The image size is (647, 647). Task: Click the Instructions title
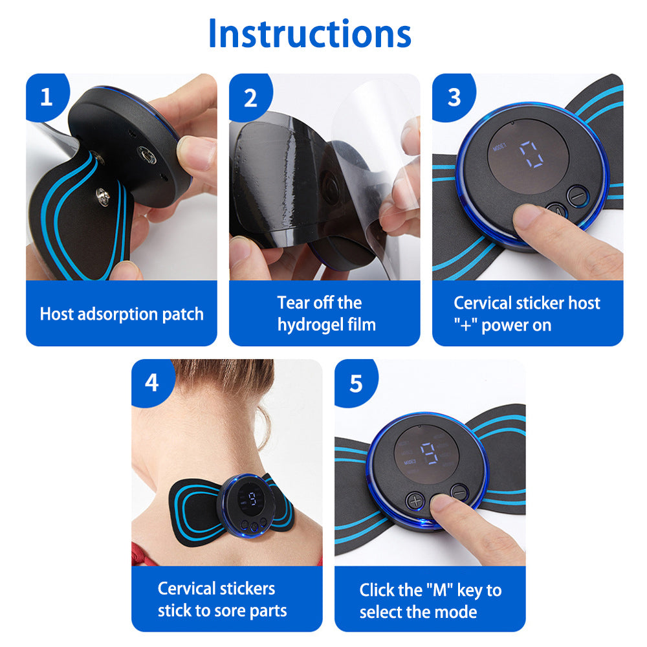(310, 34)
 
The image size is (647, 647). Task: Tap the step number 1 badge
(47, 98)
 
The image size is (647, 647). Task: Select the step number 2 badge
(250, 98)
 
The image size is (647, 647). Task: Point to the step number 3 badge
(454, 98)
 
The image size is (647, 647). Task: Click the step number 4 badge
(152, 383)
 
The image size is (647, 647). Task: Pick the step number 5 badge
(355, 384)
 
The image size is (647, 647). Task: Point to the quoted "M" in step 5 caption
(439, 589)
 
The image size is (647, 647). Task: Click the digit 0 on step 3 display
(531, 154)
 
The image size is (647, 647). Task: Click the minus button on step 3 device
(578, 195)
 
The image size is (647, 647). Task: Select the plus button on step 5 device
(415, 501)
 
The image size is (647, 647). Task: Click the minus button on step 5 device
(459, 492)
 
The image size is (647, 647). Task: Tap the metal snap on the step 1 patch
(103, 195)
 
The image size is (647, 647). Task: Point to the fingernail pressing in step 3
(525, 217)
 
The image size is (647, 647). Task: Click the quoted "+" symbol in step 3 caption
(466, 325)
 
